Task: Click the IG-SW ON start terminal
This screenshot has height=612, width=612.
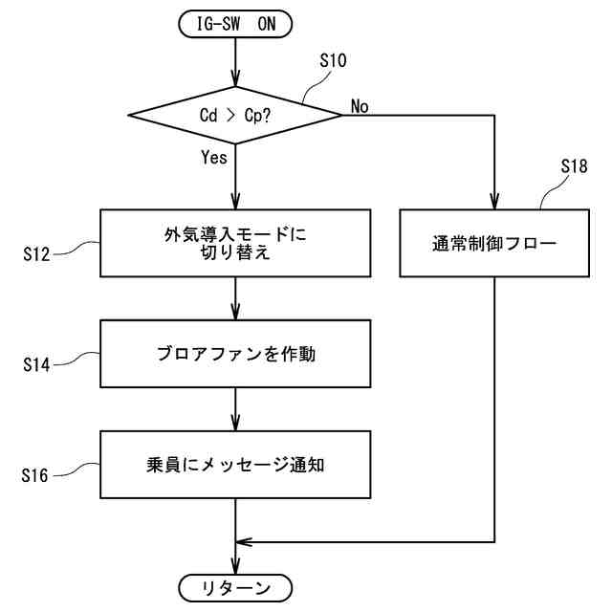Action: (235, 24)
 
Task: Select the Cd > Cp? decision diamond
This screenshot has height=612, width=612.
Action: (235, 115)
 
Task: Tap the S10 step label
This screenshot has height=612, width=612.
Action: (333, 60)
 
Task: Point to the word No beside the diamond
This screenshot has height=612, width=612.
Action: (360, 106)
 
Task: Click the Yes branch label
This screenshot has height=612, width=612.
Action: (214, 157)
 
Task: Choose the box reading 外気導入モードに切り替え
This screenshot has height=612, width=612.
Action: (235, 243)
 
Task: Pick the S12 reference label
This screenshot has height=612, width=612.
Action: (36, 254)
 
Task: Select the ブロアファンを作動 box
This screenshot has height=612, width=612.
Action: (235, 354)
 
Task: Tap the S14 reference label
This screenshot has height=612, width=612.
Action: (36, 365)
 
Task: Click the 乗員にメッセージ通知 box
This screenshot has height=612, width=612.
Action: (235, 465)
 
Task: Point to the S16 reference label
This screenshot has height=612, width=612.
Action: (34, 475)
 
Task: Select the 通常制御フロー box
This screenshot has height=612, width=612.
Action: (494, 243)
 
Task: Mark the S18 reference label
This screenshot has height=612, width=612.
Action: (574, 166)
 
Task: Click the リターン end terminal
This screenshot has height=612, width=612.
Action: (235, 588)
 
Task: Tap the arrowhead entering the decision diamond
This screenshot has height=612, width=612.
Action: (235, 78)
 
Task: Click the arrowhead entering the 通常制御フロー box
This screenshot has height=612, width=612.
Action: (494, 202)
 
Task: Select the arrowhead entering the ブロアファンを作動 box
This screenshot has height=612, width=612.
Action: (235, 312)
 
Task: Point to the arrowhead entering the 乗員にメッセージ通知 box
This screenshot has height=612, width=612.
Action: (235, 423)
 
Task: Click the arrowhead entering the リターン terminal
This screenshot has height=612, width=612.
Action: (235, 566)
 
